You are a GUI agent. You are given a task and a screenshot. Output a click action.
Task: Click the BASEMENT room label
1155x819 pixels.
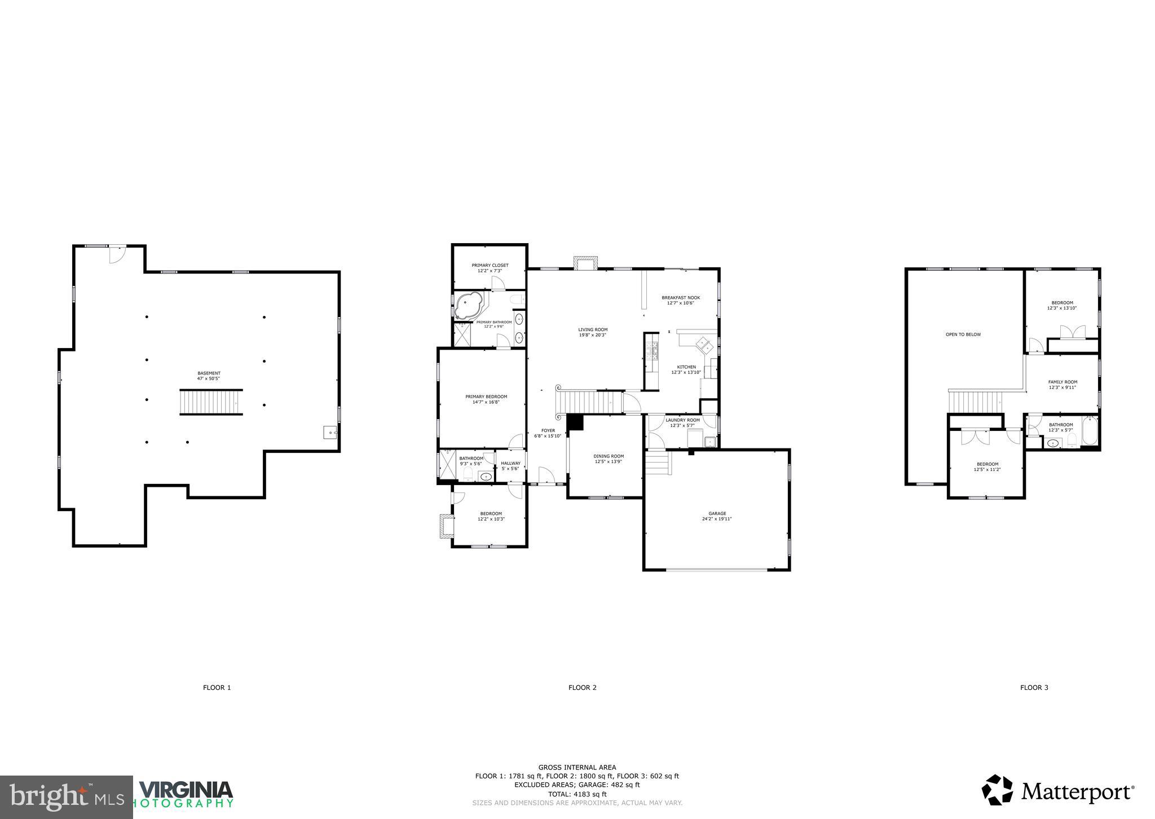click(x=209, y=373)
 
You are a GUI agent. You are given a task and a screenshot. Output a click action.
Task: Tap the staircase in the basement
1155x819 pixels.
click(x=211, y=402)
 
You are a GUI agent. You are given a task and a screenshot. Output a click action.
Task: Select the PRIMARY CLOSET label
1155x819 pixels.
click(x=490, y=265)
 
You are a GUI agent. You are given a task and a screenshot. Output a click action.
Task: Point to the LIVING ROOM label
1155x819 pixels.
click(x=593, y=329)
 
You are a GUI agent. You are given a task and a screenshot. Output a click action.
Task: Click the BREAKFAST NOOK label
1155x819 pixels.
click(x=681, y=297)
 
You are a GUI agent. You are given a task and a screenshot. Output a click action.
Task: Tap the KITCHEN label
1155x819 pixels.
click(x=686, y=367)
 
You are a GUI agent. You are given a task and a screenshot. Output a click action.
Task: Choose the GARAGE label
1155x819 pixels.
click(x=717, y=513)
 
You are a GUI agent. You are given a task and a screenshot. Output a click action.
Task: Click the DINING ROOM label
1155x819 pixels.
click(x=609, y=456)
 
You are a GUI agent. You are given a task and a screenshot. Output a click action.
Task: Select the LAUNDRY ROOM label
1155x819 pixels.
click(x=682, y=420)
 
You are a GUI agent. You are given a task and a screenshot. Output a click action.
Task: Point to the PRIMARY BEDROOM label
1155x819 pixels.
click(x=486, y=396)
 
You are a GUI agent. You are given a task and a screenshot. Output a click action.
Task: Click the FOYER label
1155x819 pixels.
click(x=548, y=430)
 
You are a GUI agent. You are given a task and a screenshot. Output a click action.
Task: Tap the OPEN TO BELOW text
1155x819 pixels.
click(x=963, y=334)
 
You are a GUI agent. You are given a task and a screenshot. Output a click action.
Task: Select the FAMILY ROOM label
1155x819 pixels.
click(x=1063, y=382)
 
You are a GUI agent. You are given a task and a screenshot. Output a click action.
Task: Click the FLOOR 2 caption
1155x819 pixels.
click(x=582, y=688)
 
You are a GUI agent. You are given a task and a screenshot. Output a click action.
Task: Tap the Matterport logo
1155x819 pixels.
click(x=1058, y=792)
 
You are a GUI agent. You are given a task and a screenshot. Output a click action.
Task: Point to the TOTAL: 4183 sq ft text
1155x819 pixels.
click(x=577, y=794)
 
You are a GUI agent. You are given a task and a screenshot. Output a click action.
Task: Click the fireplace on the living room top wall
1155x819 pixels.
click(x=585, y=263)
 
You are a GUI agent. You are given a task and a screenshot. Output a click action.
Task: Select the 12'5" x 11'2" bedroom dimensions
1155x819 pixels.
click(x=987, y=469)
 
